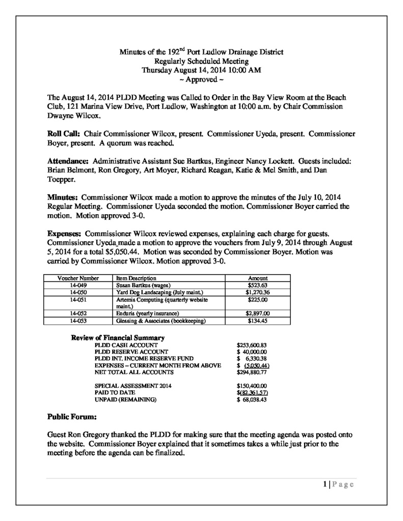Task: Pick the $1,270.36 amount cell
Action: point(257,293)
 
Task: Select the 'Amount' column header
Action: point(257,279)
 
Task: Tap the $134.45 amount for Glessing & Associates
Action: point(257,321)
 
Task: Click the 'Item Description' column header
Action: point(136,279)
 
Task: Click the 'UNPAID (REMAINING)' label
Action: point(126,400)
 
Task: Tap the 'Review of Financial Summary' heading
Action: point(117,338)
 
